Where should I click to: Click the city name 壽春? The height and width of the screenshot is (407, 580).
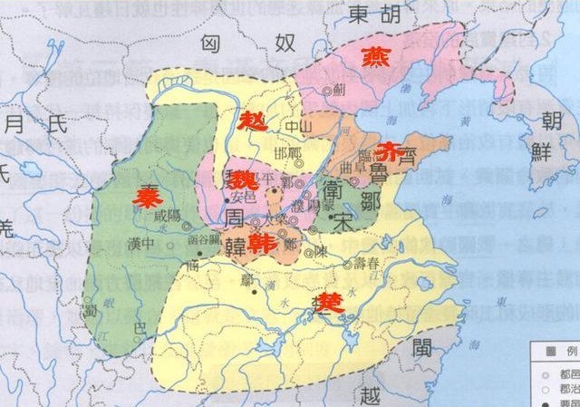click(x=373, y=264)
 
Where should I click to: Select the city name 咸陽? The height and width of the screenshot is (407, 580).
click(x=169, y=219)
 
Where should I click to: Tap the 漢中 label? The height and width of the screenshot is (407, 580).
click(x=140, y=244)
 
